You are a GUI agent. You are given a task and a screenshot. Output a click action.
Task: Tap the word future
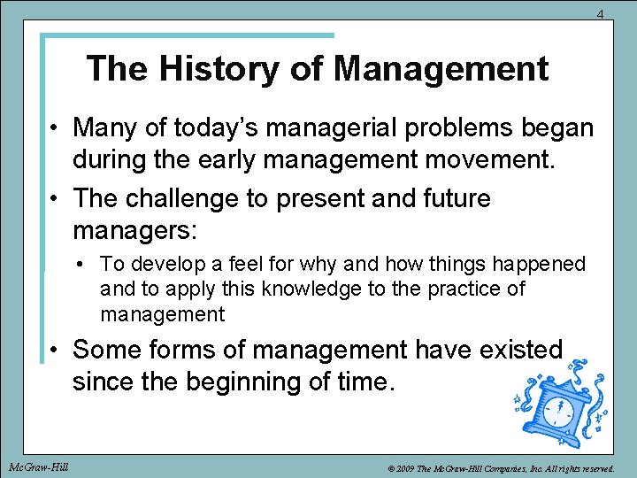(x=446, y=198)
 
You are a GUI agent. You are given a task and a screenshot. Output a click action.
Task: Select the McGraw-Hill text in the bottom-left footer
(x=38, y=466)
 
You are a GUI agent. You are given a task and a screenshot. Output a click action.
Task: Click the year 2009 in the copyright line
(x=402, y=466)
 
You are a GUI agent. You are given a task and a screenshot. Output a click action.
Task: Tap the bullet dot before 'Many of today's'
(x=55, y=129)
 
